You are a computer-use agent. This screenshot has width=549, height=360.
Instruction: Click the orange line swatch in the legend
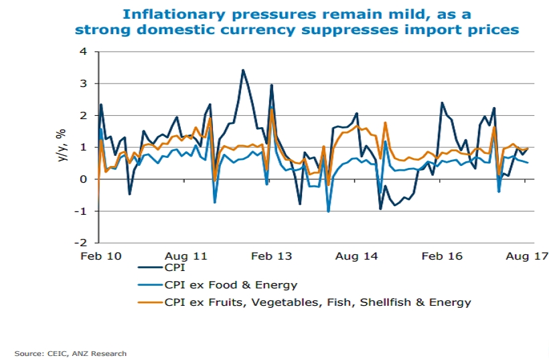tap(149, 302)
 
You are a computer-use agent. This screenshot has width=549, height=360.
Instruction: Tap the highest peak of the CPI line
tap(243, 70)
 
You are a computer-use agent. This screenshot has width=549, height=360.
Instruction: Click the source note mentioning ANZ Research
tap(71, 353)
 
